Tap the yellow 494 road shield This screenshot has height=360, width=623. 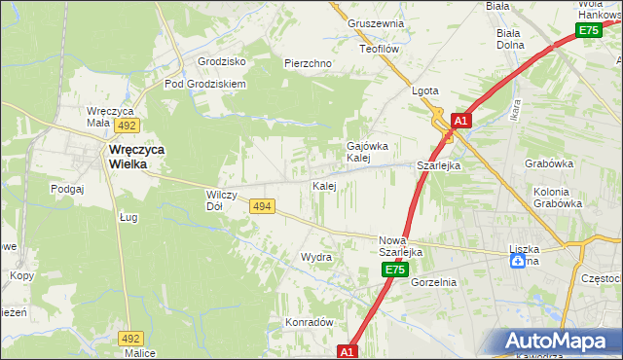coord(261,206)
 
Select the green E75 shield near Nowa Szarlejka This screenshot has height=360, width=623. coord(393,269)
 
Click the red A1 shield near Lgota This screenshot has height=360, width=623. coord(461,121)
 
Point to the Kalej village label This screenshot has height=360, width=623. coord(324,185)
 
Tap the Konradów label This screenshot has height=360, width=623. coord(310,322)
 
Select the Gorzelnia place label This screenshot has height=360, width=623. coord(434,282)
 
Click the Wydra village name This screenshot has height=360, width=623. coord(316,258)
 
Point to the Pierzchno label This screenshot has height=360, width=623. coord(309,63)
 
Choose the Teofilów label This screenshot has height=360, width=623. coord(381,48)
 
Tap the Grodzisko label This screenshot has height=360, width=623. coord(221,60)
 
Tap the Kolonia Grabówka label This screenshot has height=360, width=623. coord(558,198)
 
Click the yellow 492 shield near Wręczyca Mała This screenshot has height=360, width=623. coord(127,126)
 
